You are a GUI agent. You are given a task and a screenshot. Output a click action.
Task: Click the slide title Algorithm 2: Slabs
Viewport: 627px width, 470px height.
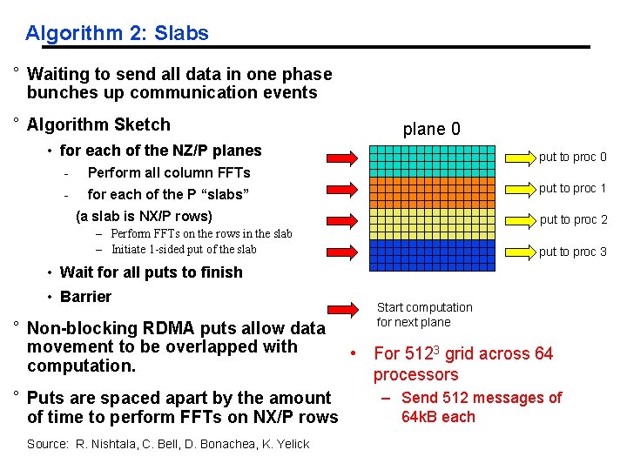pyautogui.click(x=117, y=33)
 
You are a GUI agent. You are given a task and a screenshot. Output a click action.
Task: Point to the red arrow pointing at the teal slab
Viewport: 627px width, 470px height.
pyautogui.click(x=342, y=158)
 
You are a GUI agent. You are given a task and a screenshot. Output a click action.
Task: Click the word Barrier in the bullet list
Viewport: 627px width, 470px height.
pyautogui.click(x=85, y=297)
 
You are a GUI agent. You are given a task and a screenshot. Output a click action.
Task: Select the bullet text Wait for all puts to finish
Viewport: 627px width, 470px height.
pyautogui.click(x=151, y=272)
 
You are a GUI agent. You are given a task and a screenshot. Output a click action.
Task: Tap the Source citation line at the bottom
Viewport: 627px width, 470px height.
pyautogui.click(x=168, y=444)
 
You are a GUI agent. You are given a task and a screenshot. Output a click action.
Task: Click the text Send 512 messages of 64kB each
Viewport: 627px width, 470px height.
pyautogui.click(x=481, y=407)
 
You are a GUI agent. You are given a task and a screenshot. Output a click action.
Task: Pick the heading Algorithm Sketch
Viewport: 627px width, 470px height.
pyautogui.click(x=98, y=124)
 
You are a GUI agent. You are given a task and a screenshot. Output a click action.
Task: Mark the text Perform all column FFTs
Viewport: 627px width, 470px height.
pyautogui.click(x=169, y=172)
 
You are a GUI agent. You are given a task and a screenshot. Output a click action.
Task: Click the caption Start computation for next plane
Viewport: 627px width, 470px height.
pyautogui.click(x=424, y=314)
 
